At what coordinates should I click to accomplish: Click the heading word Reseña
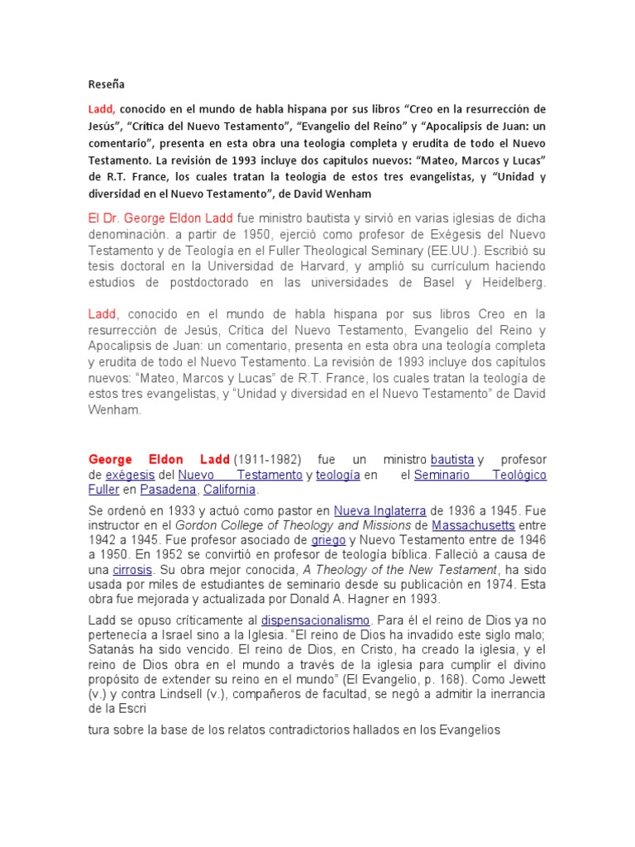coord(107,84)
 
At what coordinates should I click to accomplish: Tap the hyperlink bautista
coord(452,459)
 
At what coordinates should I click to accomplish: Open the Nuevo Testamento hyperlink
coord(241,475)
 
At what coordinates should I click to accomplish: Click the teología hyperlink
coord(338,475)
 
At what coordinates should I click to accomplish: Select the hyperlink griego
coord(327,540)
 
